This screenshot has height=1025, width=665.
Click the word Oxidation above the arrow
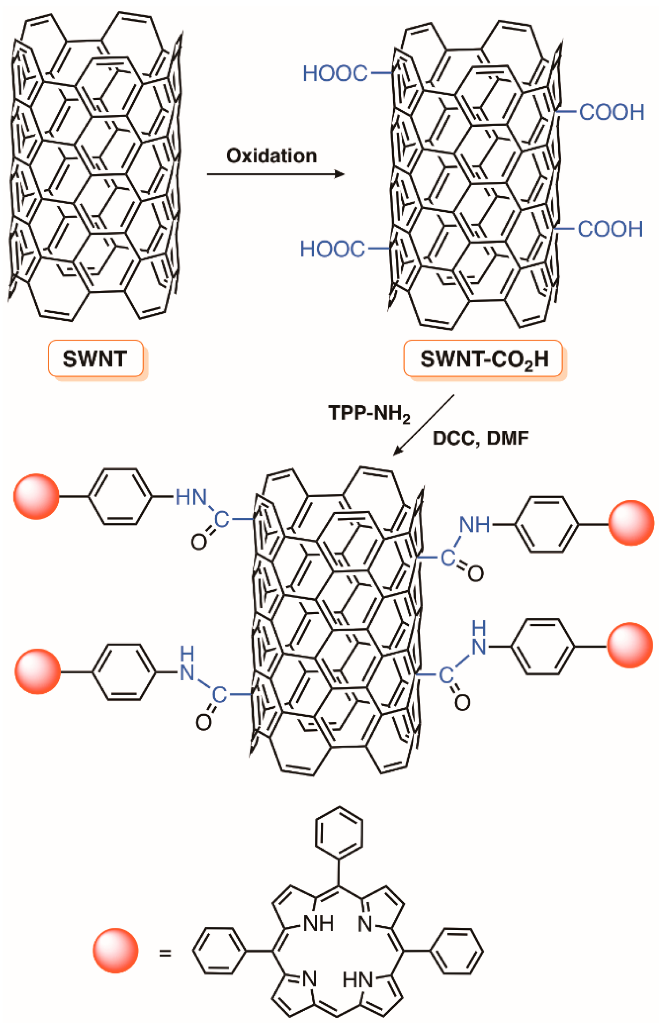pyautogui.click(x=271, y=156)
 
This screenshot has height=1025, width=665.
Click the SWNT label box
pyautogui.click(x=95, y=358)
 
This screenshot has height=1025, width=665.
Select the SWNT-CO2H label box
pyautogui.click(x=483, y=358)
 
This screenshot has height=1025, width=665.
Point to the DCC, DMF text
pyautogui.click(x=480, y=438)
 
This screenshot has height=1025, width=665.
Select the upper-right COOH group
pyautogui.click(x=611, y=112)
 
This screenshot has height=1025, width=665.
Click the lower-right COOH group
pyautogui.click(x=610, y=229)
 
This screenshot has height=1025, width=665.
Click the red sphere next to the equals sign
pyautogui.click(x=115, y=951)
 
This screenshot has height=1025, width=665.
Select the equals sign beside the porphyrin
pyautogui.click(x=165, y=953)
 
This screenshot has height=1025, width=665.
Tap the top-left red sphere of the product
pyautogui.click(x=36, y=497)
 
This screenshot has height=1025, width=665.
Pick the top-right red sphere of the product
pyautogui.click(x=631, y=523)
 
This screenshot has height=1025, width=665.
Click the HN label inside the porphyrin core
pyautogui.click(x=357, y=981)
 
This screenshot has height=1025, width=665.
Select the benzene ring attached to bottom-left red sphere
pyautogui.click(x=124, y=672)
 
